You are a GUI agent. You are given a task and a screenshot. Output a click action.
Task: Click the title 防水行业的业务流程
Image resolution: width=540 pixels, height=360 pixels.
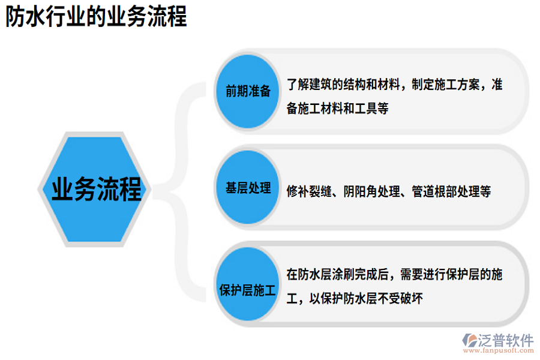pyautogui.click(x=96, y=17)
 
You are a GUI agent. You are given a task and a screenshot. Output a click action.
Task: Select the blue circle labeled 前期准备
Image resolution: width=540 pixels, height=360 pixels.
pyautogui.click(x=248, y=91)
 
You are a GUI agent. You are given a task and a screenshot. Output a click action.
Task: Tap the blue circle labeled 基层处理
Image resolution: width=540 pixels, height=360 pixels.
pyautogui.click(x=248, y=188)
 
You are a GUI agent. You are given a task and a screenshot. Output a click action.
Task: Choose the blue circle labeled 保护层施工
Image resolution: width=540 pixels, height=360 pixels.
pyautogui.click(x=248, y=292)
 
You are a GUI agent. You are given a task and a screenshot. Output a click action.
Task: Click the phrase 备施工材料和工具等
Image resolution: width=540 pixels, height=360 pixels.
pyautogui.click(x=338, y=109)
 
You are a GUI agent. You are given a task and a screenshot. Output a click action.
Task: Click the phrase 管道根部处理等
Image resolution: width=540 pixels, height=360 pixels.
pyautogui.click(x=451, y=191)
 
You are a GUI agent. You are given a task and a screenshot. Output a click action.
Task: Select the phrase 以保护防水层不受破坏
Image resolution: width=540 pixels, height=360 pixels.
pyautogui.click(x=366, y=298)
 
